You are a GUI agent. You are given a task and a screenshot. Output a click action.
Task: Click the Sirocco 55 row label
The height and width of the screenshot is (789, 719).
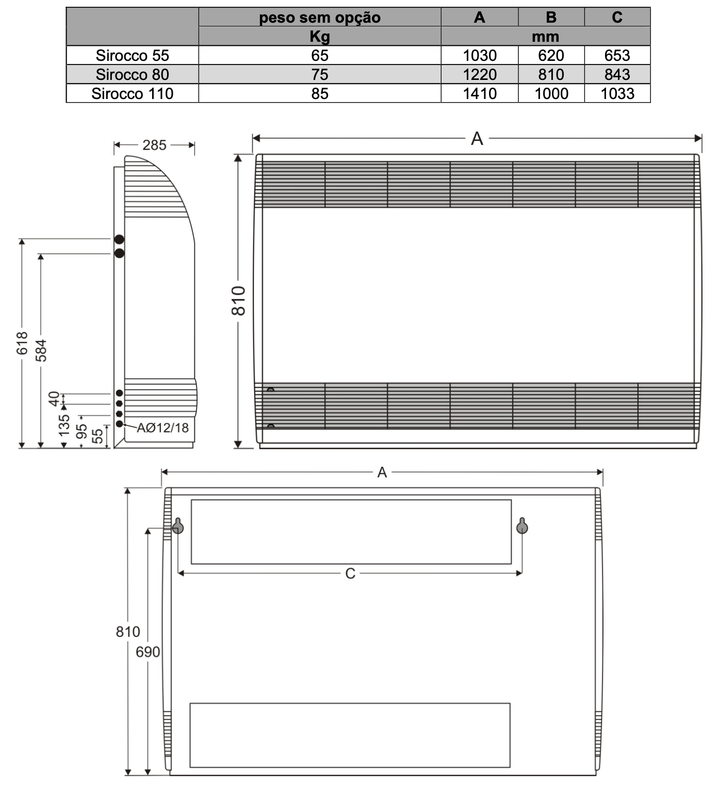(x=132, y=56)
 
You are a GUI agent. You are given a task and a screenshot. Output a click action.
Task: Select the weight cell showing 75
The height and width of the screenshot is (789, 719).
(x=320, y=74)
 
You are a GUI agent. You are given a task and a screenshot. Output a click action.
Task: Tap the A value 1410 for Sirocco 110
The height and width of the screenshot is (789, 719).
(x=479, y=94)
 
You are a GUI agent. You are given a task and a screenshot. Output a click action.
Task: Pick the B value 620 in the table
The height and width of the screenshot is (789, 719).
(x=551, y=56)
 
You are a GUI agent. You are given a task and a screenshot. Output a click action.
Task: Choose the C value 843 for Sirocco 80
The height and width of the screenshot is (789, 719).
(x=617, y=74)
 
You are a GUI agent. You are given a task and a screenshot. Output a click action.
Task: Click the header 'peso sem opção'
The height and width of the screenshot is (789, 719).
(x=320, y=18)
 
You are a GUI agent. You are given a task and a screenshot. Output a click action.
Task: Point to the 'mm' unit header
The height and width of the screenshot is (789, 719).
(x=546, y=37)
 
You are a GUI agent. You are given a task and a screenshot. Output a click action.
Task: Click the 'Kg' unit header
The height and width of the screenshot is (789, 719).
(x=320, y=37)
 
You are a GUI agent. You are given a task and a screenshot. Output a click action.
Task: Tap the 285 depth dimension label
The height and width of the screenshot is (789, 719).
(x=154, y=145)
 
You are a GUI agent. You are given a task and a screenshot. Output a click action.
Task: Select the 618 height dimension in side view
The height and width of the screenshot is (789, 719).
(x=22, y=343)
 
